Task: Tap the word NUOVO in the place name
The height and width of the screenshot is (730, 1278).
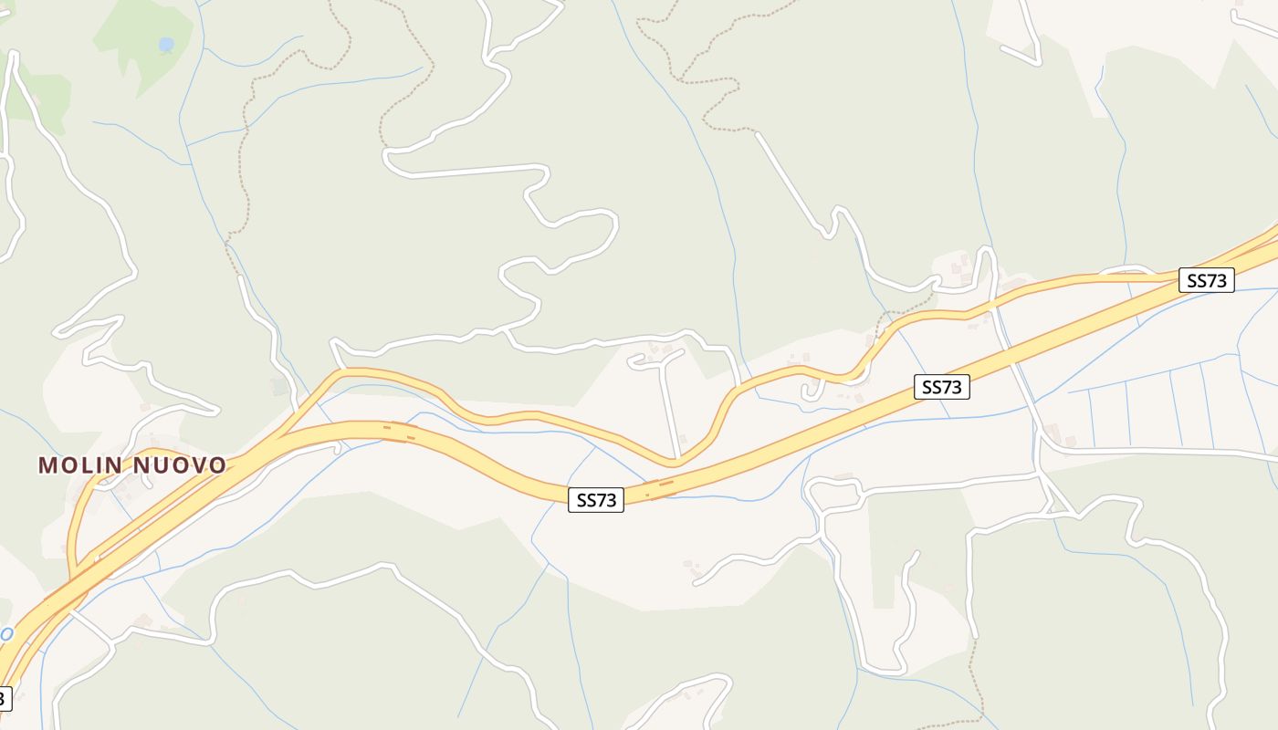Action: click(180, 465)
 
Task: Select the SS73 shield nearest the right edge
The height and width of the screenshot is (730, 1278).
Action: click(1207, 280)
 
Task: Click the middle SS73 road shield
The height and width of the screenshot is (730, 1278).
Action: click(941, 387)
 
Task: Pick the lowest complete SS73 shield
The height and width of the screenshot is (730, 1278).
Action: click(596, 500)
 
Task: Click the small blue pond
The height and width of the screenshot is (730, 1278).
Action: click(165, 44)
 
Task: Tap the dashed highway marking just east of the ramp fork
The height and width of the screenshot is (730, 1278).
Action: click(398, 429)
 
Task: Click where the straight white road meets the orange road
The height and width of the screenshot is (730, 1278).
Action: click(677, 456)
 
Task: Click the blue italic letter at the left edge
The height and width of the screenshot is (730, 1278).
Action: click(5, 633)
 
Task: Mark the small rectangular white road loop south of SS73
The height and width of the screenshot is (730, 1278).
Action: click(834, 494)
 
